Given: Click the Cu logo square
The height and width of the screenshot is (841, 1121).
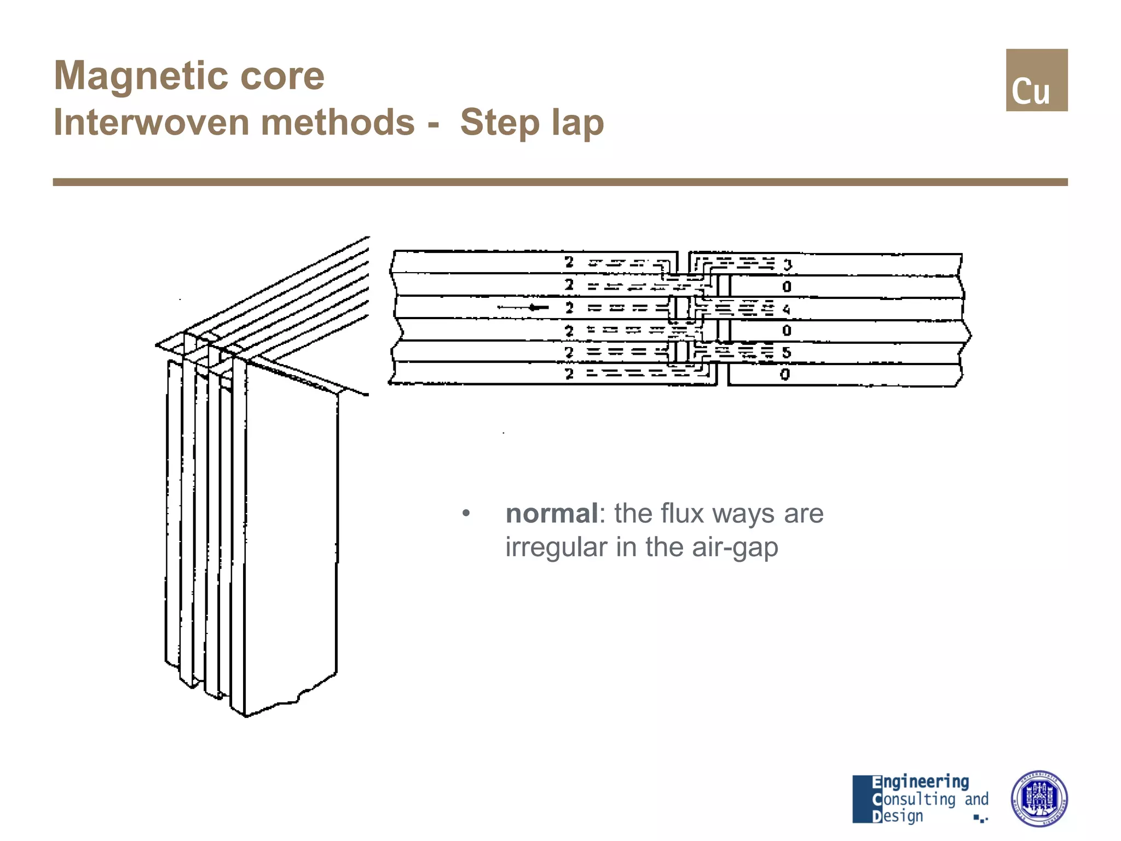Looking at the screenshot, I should coord(1036,80).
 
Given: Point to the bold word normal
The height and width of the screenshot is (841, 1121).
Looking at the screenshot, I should coord(551,514).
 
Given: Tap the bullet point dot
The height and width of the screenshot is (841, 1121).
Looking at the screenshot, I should coord(466,514).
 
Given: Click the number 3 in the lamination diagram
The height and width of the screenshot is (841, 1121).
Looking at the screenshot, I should coord(787,266).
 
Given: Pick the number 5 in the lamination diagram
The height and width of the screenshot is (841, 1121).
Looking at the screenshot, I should coord(787,353).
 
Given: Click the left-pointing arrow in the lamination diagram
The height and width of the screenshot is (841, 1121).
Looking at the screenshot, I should coord(523,308).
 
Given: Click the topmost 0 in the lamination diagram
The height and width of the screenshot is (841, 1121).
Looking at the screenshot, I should coord(787,287).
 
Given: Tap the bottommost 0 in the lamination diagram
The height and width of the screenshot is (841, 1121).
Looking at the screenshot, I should coord(785,375).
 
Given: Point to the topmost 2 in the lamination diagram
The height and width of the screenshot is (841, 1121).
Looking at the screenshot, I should coord(569,262).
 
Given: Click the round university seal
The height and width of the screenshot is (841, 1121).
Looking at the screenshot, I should coord(1038,798).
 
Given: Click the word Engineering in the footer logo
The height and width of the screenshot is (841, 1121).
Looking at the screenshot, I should coord(920,782).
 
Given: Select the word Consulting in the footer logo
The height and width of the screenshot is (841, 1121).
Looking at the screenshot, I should coord(914,799).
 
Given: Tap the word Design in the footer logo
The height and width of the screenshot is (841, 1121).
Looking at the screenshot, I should coord(897,816).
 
